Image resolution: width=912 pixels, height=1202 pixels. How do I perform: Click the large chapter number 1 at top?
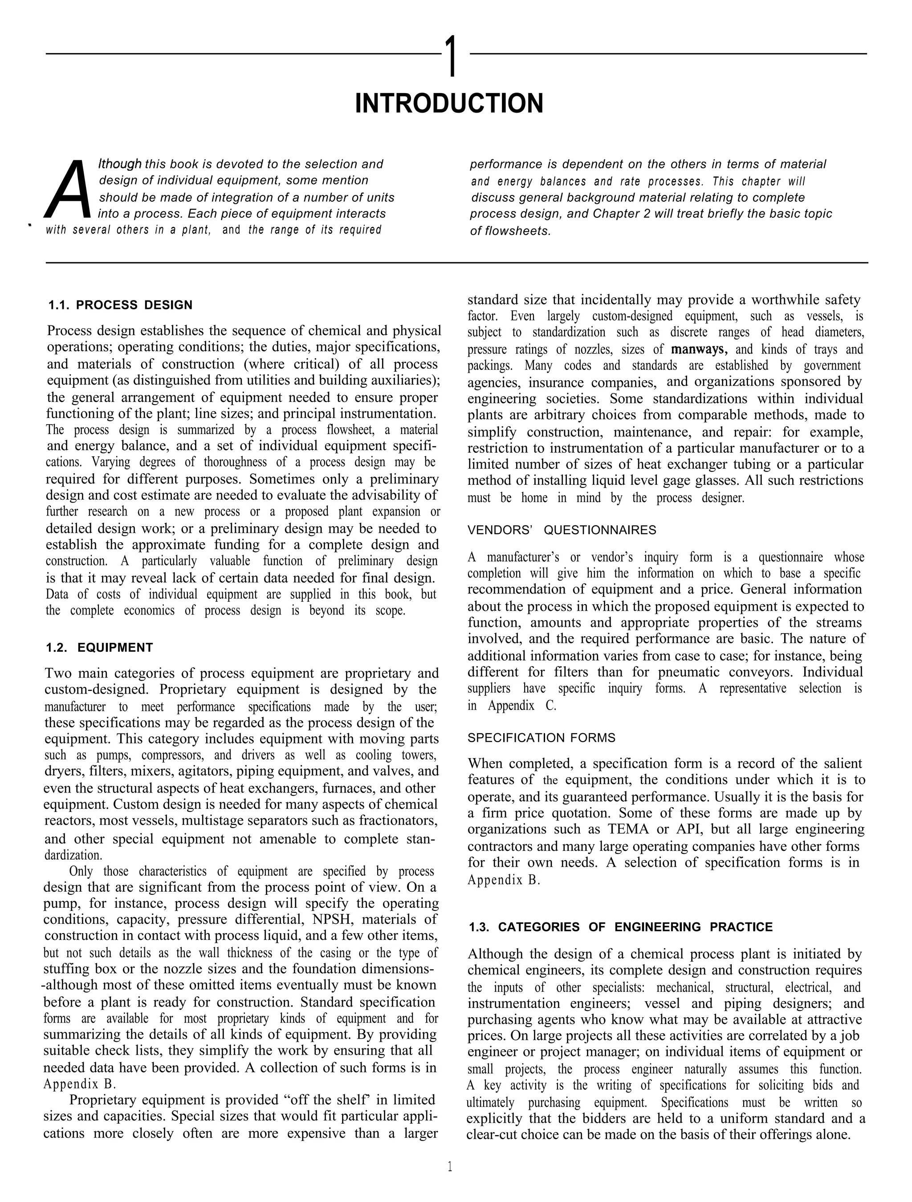[451, 57]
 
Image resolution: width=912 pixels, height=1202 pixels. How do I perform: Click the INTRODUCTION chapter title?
[449, 103]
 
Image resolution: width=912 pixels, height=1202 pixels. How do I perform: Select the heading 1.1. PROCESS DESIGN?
[121, 305]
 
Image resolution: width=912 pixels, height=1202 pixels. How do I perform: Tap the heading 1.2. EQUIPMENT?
[99, 648]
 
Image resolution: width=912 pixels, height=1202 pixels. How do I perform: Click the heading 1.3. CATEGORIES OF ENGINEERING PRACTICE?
[620, 927]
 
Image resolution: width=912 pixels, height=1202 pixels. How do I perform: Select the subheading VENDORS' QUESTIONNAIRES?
[562, 530]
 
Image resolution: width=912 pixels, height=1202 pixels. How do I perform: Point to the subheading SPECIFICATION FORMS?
[541, 738]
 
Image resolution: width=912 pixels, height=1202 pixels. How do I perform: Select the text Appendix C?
[522, 706]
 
